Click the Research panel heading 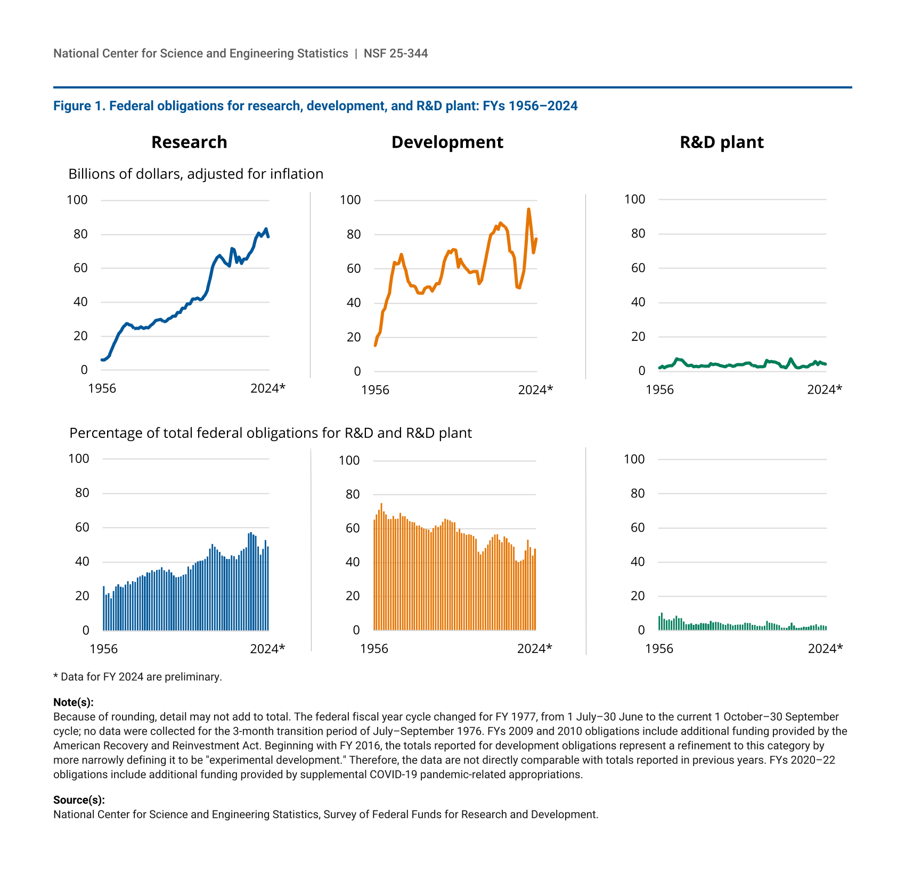pyautogui.click(x=189, y=142)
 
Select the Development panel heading pyautogui.click(x=447, y=142)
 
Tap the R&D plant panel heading pyautogui.click(x=721, y=142)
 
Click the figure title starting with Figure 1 pyautogui.click(x=315, y=106)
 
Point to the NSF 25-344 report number pyautogui.click(x=396, y=53)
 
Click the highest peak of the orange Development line pyautogui.click(x=528, y=209)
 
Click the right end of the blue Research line pyautogui.click(x=268, y=237)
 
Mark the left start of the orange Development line pyautogui.click(x=376, y=345)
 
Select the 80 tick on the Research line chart pyautogui.click(x=80, y=234)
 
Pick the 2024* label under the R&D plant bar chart pyautogui.click(x=825, y=648)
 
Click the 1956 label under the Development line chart pyautogui.click(x=375, y=390)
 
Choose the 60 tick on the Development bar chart pyautogui.click(x=353, y=528)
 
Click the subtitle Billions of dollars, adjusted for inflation pyautogui.click(x=195, y=174)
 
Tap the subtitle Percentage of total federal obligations pyautogui.click(x=270, y=433)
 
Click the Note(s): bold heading pyautogui.click(x=73, y=702)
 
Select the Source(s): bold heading pyautogui.click(x=79, y=800)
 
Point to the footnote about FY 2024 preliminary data pyautogui.click(x=137, y=677)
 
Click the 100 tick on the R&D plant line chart pyautogui.click(x=634, y=199)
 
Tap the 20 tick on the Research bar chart pyautogui.click(x=83, y=596)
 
